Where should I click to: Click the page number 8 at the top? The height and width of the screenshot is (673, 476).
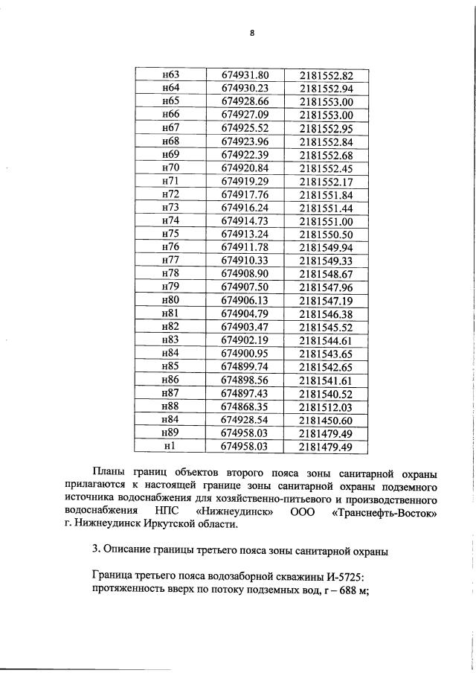point(252,34)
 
